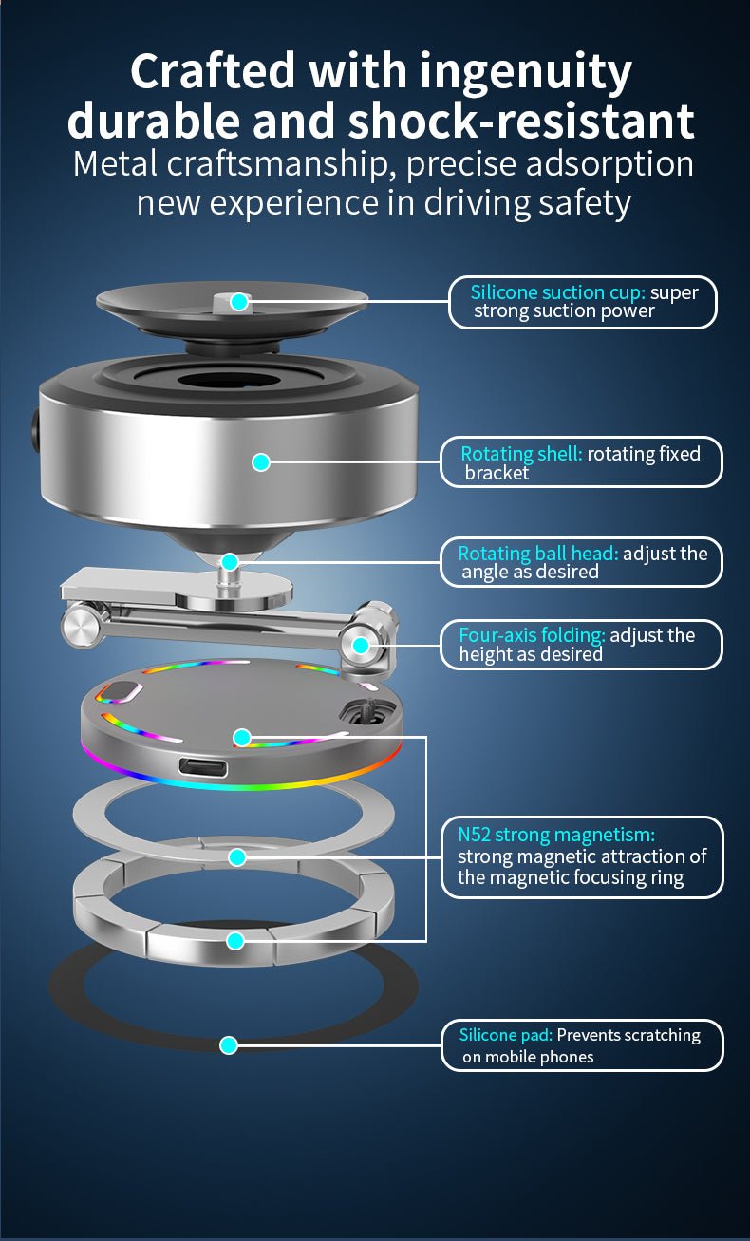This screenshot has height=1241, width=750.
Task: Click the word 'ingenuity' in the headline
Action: (x=525, y=72)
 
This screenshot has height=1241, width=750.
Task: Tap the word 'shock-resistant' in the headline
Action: (x=520, y=121)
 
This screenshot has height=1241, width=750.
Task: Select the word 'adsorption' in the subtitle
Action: (x=609, y=165)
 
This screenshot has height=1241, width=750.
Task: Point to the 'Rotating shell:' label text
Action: (x=521, y=454)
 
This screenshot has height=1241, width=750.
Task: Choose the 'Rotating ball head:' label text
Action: (x=538, y=553)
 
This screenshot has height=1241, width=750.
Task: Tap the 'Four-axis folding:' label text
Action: (x=532, y=635)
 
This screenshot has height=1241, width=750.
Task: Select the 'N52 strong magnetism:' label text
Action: (x=556, y=835)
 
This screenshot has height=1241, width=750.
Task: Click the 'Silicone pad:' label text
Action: (x=506, y=1035)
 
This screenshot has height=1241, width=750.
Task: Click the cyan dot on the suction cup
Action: (x=239, y=302)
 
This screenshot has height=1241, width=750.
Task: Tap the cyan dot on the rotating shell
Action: (x=261, y=462)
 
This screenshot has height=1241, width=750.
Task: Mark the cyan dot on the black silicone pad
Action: (x=229, y=1045)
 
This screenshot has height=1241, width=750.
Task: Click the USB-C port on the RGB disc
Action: (x=203, y=767)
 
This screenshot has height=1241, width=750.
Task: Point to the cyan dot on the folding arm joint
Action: (x=361, y=646)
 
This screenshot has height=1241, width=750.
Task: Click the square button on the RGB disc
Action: (x=121, y=691)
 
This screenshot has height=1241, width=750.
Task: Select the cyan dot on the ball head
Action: (x=230, y=562)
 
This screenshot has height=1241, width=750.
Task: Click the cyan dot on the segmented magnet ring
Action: (x=235, y=941)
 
